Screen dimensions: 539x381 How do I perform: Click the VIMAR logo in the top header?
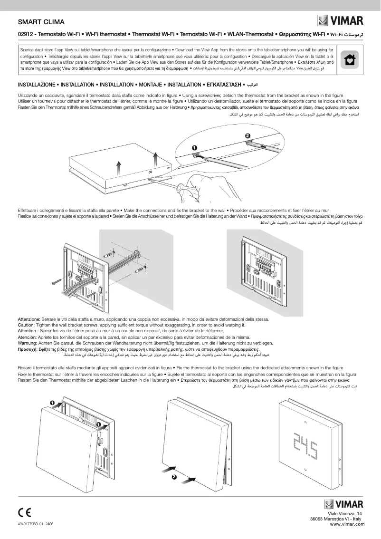[340, 21]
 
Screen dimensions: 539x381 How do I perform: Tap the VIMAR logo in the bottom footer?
[343, 504]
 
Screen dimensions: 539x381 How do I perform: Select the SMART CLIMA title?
[41, 22]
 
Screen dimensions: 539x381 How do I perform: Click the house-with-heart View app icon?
[350, 59]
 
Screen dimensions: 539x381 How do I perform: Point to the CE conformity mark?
[25, 512]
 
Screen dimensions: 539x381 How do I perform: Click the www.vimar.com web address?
[346, 524]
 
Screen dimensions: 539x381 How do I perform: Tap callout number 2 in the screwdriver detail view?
[248, 136]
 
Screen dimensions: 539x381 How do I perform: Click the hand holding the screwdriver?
[200, 185]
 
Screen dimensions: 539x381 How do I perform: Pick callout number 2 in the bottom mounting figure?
[174, 477]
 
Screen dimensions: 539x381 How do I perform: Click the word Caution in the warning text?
[27, 325]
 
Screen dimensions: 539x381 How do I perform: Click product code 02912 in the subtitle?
[26, 35]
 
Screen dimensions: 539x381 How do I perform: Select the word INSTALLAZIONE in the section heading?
[36, 85]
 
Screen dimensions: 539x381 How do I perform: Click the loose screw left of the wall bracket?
[58, 280]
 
